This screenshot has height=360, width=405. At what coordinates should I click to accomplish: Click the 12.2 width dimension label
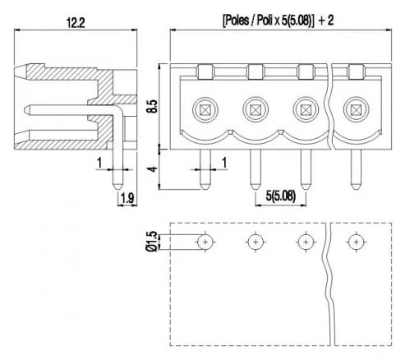point(76,23)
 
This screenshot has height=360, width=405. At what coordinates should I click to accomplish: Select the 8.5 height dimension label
point(152,106)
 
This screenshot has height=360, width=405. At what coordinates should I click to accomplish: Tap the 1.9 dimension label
point(127,198)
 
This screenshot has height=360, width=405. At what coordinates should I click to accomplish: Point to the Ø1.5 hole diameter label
point(152,241)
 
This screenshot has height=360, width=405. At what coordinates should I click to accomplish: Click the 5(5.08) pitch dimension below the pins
point(281,196)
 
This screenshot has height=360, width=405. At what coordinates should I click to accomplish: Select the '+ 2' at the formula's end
point(326,21)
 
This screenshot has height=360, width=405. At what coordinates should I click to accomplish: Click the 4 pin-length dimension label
point(153,168)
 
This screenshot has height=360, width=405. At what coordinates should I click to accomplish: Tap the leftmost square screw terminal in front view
point(205,110)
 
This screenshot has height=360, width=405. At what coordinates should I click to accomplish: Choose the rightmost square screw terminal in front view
point(356,109)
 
